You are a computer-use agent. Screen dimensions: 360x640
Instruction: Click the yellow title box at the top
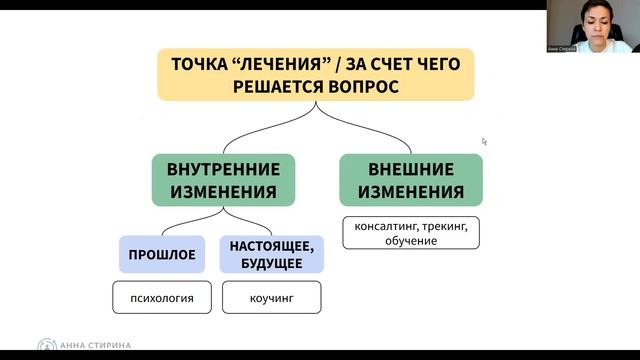coord(315,75)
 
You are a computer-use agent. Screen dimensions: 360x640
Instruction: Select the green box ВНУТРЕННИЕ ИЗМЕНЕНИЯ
coord(223,180)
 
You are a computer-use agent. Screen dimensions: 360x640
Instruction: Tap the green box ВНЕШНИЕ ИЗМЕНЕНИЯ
coord(411,180)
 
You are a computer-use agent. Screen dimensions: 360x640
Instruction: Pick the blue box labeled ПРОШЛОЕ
coord(162,254)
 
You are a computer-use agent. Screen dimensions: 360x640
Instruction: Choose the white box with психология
coord(162,297)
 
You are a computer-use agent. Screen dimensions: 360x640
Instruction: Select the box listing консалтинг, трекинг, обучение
coord(411,234)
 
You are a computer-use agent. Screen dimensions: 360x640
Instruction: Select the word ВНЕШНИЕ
coord(411,169)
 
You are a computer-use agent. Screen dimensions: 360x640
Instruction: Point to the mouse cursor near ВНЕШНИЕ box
coord(484,141)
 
